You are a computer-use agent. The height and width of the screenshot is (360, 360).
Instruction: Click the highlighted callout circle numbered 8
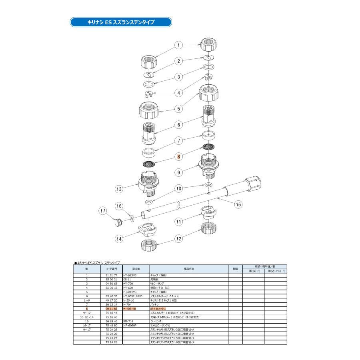pyautogui.click(x=179, y=157)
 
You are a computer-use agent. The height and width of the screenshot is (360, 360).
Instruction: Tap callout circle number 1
pyautogui.click(x=179, y=46)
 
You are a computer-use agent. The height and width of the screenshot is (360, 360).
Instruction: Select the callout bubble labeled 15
pyautogui.click(x=238, y=204)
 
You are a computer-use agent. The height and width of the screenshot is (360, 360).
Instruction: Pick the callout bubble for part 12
pyautogui.click(x=179, y=239)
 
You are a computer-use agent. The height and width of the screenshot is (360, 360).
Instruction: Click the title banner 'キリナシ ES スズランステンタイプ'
pyautogui.click(x=120, y=22)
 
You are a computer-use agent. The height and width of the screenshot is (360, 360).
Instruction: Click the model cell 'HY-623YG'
pyautogui.click(x=130, y=276)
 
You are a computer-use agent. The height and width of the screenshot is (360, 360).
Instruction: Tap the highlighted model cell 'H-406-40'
pyautogui.click(x=130, y=309)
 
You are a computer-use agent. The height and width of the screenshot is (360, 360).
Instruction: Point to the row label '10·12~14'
pyautogui.click(x=87, y=316)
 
